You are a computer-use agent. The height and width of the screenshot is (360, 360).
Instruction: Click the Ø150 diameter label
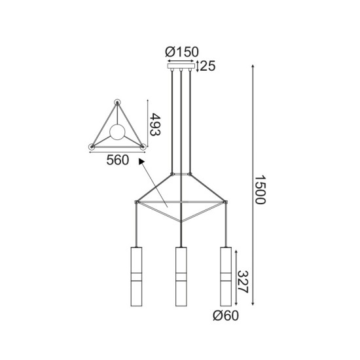tap(182, 51)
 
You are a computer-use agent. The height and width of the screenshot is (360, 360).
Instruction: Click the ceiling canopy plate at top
tap(183, 65)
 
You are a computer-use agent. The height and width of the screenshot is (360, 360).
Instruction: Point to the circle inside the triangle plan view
tap(117, 132)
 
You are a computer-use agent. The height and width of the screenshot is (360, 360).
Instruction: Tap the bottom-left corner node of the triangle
tap(92, 147)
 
